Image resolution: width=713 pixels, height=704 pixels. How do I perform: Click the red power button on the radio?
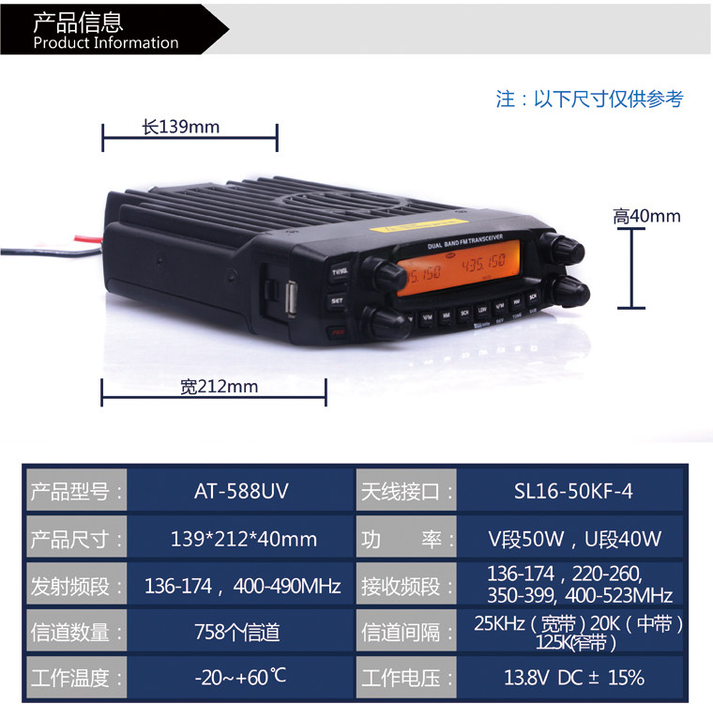(x=339, y=331)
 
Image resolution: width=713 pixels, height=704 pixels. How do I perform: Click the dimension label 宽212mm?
(x=219, y=386)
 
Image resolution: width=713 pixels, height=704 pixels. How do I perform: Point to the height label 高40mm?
(x=646, y=217)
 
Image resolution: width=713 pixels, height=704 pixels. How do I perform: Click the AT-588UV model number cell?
(x=240, y=490)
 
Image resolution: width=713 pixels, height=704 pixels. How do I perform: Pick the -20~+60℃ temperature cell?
(x=241, y=677)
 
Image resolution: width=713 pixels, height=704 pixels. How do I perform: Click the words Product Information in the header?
(x=105, y=42)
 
